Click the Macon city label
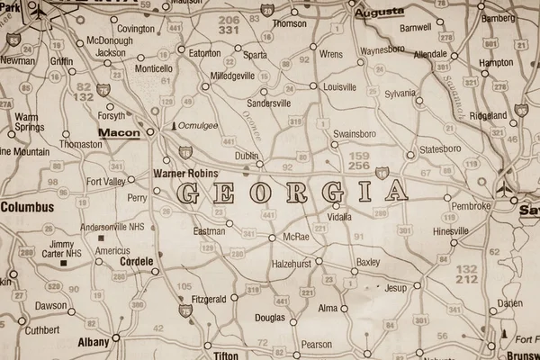tap(119, 133)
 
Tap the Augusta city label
tap(379, 13)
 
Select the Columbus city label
tap(27, 206)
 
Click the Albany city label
tap(93, 342)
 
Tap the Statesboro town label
tap(440, 148)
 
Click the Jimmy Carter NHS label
tap(61, 249)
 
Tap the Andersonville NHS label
tap(112, 228)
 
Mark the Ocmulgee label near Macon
tap(197, 127)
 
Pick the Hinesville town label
tap(451, 230)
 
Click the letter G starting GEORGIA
tap(189, 192)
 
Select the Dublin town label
tap(246, 156)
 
